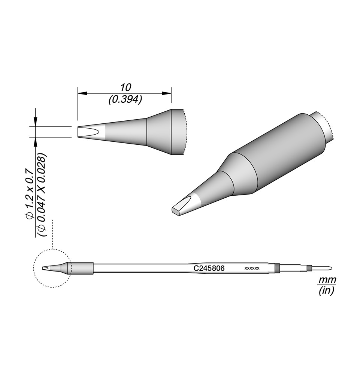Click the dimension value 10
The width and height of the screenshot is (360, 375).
click(x=125, y=87)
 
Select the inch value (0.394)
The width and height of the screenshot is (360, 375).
click(x=125, y=99)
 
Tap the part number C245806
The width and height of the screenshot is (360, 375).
click(x=209, y=268)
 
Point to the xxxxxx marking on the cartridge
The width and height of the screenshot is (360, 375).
click(x=252, y=268)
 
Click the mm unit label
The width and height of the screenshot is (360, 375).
click(x=327, y=279)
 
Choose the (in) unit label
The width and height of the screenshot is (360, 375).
click(x=326, y=290)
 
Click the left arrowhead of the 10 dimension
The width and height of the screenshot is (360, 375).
click(x=82, y=93)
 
